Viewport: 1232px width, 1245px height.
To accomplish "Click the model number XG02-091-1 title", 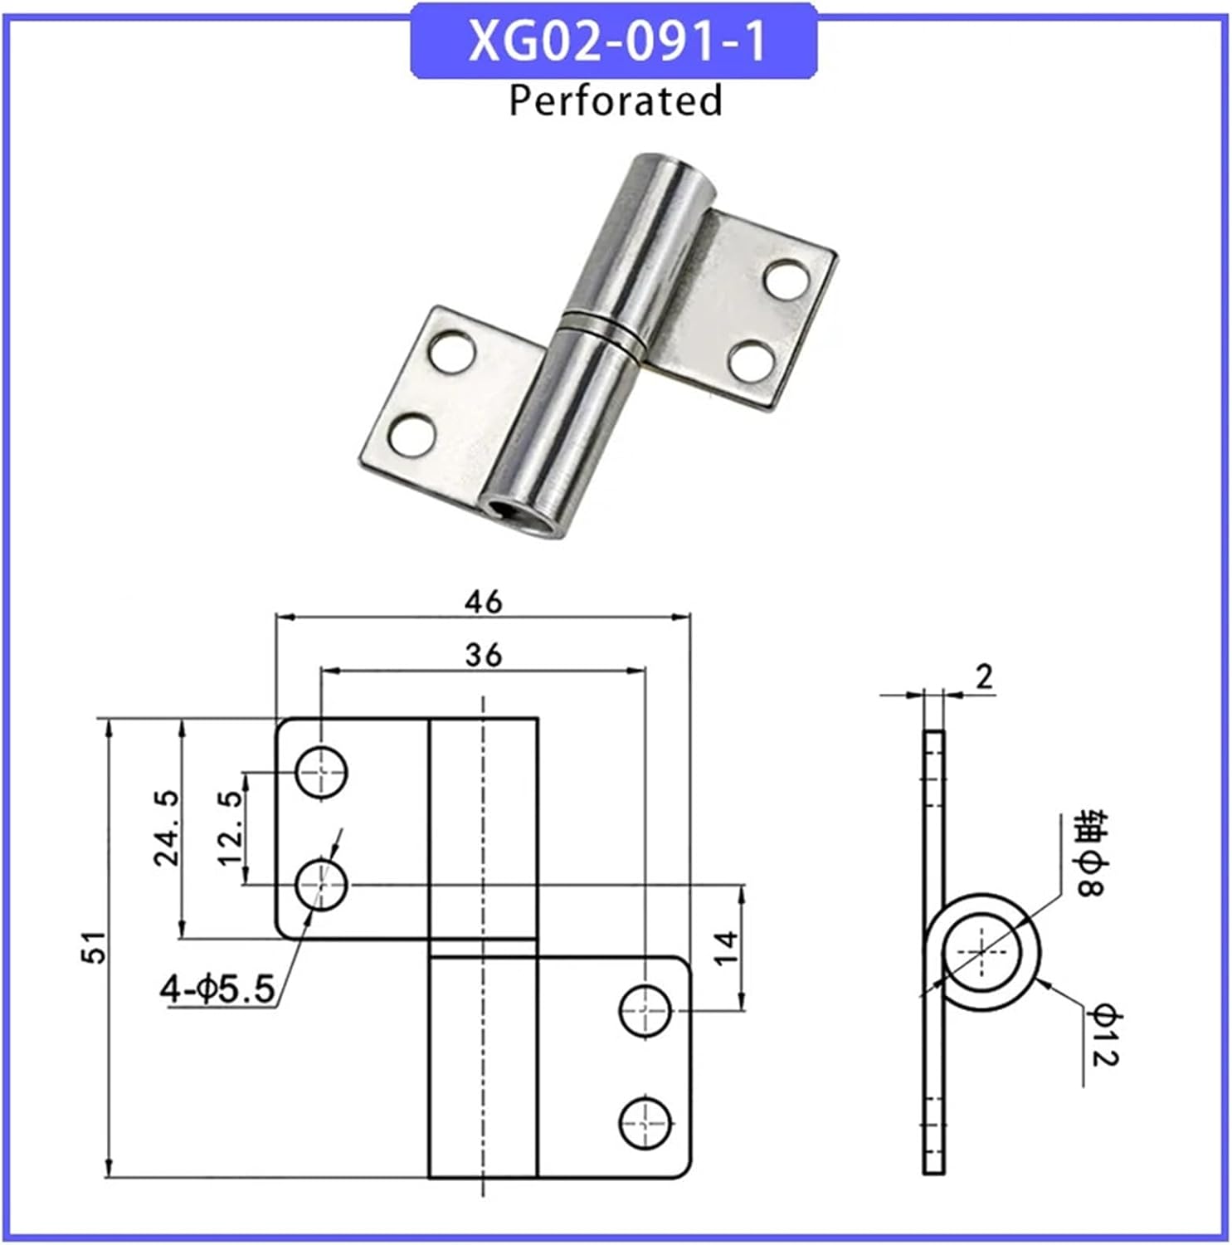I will point(616,41).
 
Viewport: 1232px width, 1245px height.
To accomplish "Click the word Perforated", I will point(615,100).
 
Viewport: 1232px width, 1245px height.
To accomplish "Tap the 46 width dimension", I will point(483,602).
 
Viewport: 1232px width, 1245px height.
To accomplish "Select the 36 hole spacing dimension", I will point(483,655).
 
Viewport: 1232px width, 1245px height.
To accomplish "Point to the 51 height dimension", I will point(96,947).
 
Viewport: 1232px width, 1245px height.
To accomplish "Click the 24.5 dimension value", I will point(167,828).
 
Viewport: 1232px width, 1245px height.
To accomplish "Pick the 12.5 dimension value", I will point(231,828).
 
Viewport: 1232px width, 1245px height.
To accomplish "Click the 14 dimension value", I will point(725,947).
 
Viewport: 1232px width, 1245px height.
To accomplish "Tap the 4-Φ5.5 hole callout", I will point(217,989).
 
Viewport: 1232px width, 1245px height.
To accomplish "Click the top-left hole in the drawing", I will point(322,772).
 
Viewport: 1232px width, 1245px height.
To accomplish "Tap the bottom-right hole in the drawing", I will point(645,1123).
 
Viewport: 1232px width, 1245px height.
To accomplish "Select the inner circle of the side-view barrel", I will point(981,952).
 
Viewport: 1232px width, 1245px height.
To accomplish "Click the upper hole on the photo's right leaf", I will point(786,280).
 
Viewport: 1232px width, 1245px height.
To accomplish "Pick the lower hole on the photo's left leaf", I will point(412,435).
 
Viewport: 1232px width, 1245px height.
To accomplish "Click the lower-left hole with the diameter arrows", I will point(322,885).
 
